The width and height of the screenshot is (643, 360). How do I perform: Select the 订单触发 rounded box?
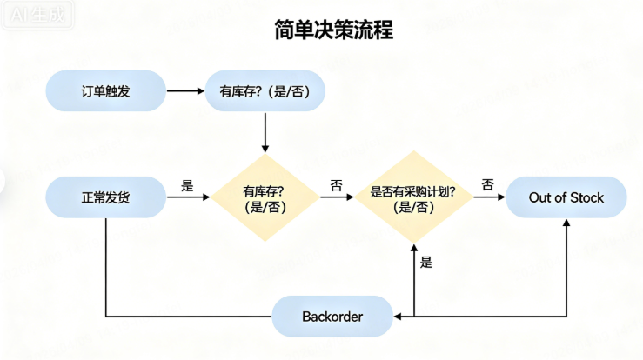[105, 90]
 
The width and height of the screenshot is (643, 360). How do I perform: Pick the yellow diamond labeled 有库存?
[265, 198]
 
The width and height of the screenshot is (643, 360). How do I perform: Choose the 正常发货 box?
[105, 198]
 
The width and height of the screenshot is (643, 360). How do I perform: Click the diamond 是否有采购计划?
[413, 198]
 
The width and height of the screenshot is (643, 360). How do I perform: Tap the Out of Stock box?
[566, 198]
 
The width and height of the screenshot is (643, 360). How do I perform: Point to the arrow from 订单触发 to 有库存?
[184, 90]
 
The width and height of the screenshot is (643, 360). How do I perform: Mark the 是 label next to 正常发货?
[187, 185]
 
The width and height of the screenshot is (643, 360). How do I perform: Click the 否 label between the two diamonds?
[336, 185]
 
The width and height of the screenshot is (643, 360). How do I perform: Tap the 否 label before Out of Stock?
[487, 184]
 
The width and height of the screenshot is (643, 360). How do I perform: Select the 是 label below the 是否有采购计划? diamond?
[425, 262]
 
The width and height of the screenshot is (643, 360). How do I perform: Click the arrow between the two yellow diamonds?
[336, 198]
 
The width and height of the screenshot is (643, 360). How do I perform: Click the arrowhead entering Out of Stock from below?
[566, 224]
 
